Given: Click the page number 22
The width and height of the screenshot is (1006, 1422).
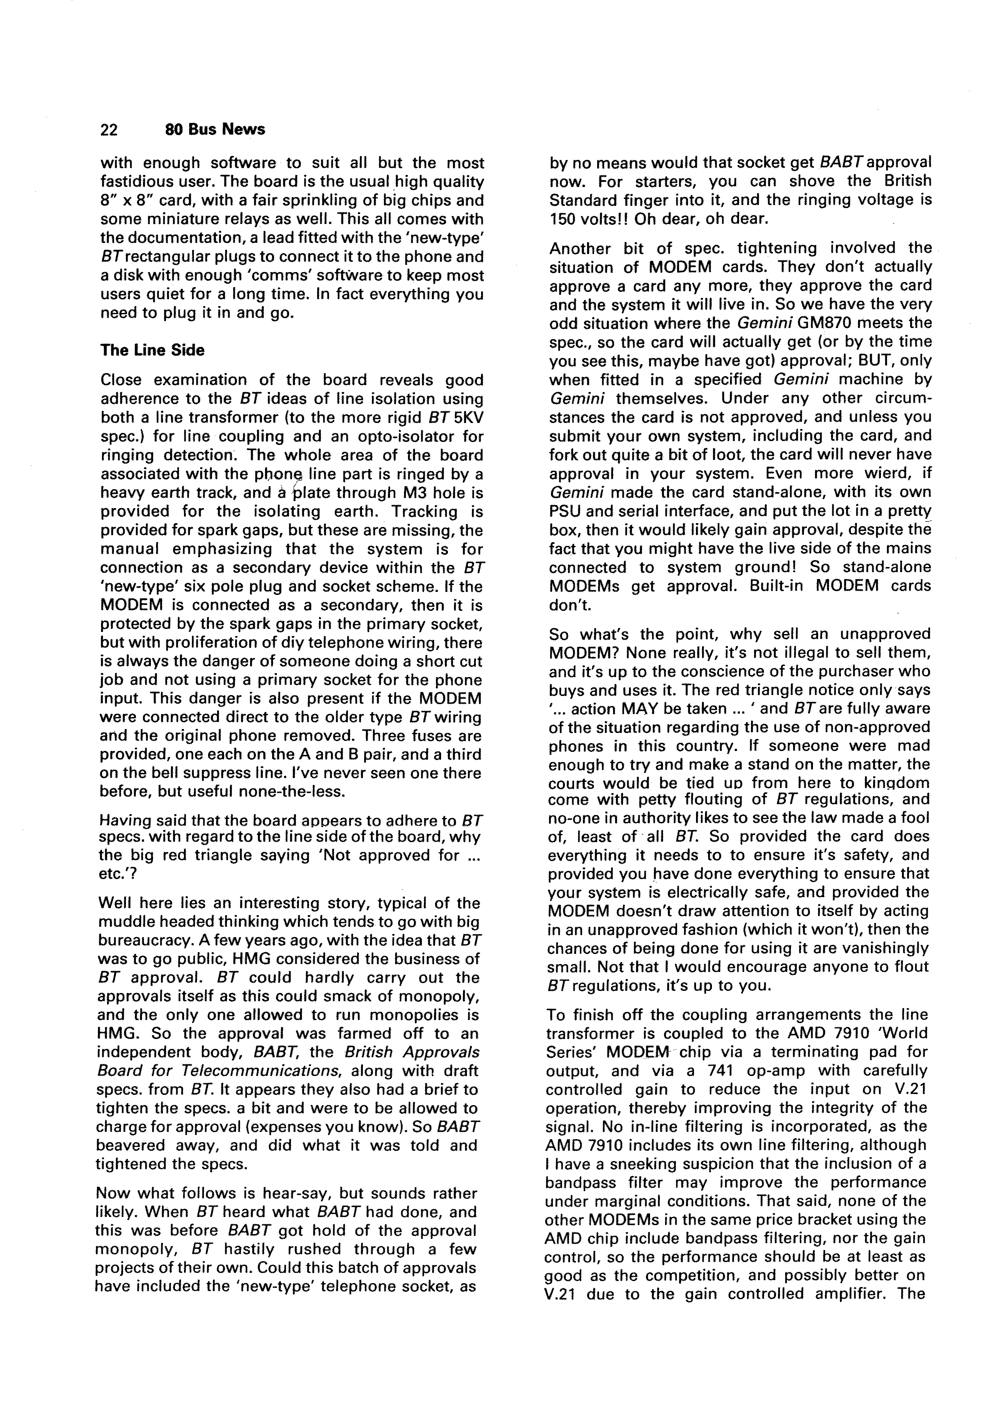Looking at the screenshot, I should tap(109, 129).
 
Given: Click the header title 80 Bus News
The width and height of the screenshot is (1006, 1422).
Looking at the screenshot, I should tap(215, 129).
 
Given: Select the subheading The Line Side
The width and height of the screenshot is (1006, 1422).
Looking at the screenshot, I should tap(152, 350).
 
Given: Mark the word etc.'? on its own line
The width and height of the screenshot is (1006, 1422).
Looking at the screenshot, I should tap(115, 874).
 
